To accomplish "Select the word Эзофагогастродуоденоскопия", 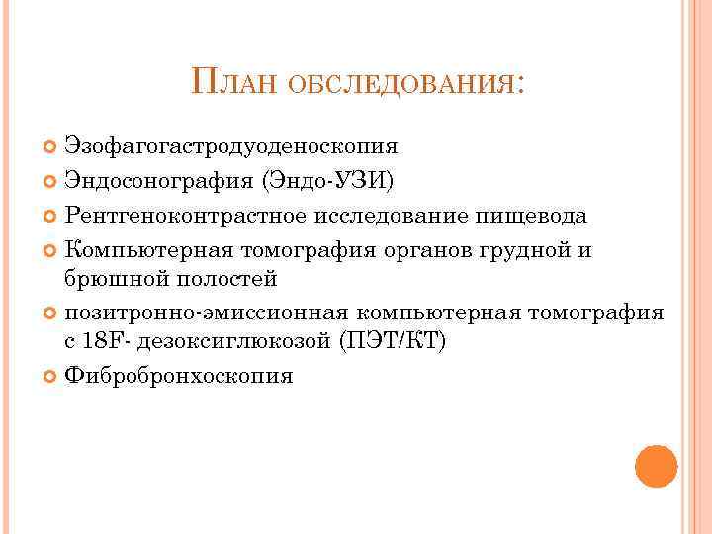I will pos(231,146).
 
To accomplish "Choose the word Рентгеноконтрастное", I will pos(190,216).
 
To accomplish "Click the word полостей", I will pos(223,279).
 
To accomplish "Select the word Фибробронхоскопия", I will pos(178,377).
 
